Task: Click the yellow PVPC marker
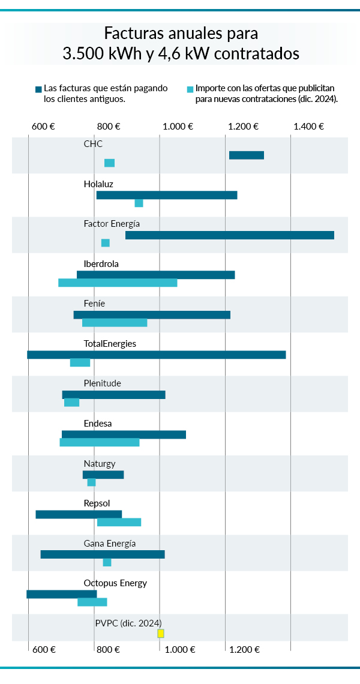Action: pos(161,634)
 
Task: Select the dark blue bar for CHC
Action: pos(246,155)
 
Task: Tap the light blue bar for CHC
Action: pos(109,163)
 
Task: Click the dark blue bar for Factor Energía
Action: pos(229,235)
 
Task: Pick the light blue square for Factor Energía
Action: pos(106,243)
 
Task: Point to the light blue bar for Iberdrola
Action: pos(118,283)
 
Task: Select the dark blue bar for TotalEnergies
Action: pos(156,355)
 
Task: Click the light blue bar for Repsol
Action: pos(119,522)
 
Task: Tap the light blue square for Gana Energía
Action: pos(107,562)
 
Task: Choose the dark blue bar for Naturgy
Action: pos(103,475)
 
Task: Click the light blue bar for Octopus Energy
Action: pos(92,602)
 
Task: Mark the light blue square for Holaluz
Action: pos(139,203)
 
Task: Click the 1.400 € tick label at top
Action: pos(309,127)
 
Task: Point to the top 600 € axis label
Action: pos(43,127)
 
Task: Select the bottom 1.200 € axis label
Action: pos(244,649)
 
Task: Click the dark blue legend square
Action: pos(38,89)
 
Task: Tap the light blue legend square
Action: pos(190,89)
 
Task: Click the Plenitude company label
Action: pos(102,383)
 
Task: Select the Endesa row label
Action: pos(98,424)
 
